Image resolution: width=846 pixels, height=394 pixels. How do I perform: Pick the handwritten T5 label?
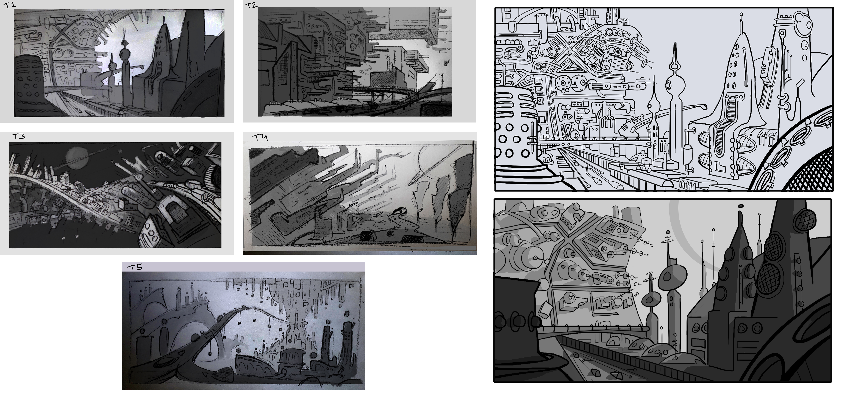135,267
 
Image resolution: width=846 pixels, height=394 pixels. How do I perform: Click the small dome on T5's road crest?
243,306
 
